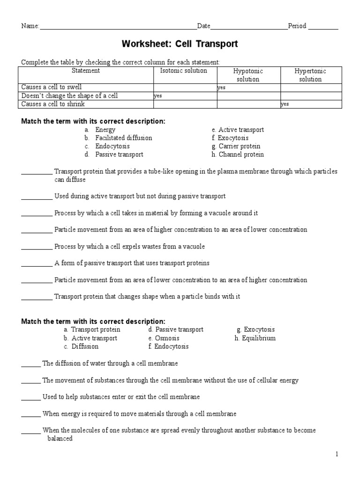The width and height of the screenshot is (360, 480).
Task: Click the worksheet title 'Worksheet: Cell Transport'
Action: (180, 44)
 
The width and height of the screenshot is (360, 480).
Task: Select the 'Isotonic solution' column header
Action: (183, 71)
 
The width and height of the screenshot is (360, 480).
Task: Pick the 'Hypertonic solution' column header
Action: (310, 75)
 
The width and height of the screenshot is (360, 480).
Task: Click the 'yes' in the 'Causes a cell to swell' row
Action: (222, 88)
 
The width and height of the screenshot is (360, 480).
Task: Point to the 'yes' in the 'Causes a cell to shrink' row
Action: (285, 105)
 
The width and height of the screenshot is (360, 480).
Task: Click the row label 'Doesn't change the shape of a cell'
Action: (70, 96)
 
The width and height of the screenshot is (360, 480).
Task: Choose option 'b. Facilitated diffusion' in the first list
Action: (119, 138)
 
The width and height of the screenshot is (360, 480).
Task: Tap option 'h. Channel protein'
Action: (238, 154)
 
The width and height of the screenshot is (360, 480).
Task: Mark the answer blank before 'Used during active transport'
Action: (37, 197)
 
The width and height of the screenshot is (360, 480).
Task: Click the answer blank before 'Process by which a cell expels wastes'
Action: (37, 247)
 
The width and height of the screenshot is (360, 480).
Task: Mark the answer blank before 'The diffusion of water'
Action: (31, 364)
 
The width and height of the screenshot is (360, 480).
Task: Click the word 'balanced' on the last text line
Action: (60, 439)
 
